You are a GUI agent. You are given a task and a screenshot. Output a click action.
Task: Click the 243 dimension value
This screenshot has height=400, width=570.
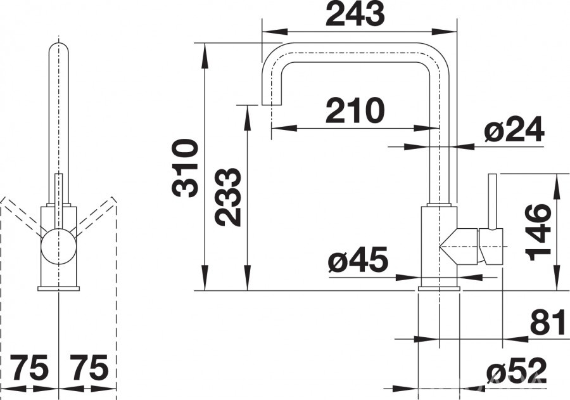tap(355, 13)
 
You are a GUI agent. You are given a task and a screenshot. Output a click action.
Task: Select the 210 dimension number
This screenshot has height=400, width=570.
tap(355, 111)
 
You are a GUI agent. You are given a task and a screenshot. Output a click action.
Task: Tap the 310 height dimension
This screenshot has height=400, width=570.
tap(186, 168)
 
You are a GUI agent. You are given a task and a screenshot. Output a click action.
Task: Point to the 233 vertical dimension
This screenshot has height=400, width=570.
tap(227, 197)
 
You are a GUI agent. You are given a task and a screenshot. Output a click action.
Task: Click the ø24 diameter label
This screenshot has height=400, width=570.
tap(514, 129)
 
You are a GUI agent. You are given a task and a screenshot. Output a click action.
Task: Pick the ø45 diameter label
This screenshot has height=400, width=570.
tap(358, 260)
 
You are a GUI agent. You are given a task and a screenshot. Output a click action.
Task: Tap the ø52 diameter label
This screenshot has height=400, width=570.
tap(516, 370)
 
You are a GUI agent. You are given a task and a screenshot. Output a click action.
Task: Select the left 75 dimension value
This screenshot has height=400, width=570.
tap(29, 367)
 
